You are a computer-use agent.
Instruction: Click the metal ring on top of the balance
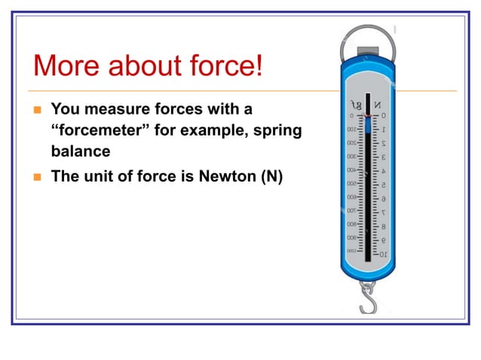pos(369,38)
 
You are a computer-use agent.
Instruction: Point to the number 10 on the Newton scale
pos(383,255)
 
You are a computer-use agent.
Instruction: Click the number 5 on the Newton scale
pos(383,185)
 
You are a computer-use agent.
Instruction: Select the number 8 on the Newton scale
pos(383,227)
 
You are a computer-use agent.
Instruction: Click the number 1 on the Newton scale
pos(383,130)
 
